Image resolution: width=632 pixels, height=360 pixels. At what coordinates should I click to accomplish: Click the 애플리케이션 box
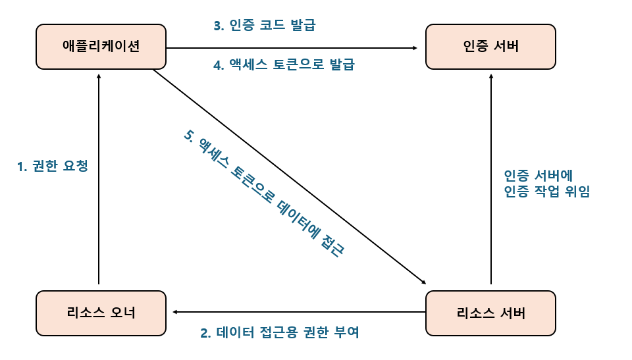click(101, 46)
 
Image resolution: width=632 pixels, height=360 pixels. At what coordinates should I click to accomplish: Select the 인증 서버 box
click(490, 46)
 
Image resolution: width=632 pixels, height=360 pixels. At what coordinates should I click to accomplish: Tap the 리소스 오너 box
click(101, 312)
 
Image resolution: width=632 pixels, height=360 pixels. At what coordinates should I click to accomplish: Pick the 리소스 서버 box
click(490, 312)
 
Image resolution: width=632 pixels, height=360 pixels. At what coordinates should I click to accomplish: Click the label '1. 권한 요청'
click(53, 167)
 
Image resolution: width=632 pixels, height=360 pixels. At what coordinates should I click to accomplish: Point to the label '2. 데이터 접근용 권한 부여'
click(280, 332)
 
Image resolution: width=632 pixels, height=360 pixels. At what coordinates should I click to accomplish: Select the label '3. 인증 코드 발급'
click(265, 26)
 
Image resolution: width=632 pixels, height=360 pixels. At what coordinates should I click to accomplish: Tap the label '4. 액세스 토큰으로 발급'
click(284, 65)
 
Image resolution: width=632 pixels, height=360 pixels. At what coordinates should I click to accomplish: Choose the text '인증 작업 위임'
click(546, 192)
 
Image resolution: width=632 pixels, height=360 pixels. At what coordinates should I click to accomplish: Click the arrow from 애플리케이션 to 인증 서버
click(290, 48)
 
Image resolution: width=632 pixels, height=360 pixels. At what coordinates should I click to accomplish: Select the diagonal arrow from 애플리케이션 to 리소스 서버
click(290, 175)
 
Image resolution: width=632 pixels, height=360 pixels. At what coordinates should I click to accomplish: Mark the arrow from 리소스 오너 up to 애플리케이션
click(99, 178)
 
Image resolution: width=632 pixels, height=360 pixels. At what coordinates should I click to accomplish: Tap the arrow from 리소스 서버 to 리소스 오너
click(296, 311)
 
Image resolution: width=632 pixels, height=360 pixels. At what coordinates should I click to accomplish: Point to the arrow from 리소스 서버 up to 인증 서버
click(490, 178)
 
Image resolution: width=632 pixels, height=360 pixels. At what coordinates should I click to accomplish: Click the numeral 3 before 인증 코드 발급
click(217, 26)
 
